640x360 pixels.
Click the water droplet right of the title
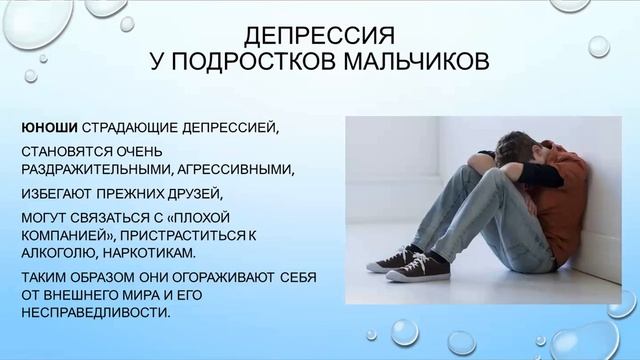598,46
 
